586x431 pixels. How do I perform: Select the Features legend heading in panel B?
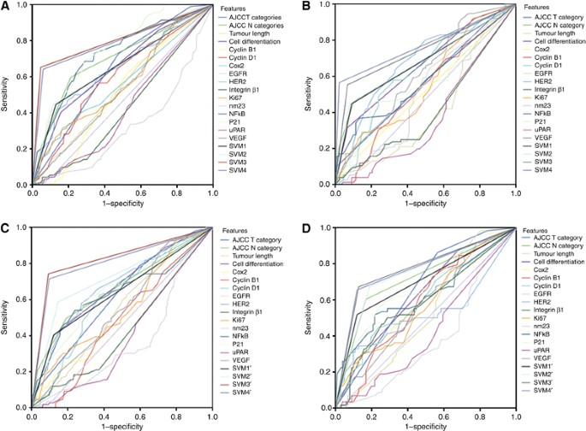(x=536, y=9)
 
